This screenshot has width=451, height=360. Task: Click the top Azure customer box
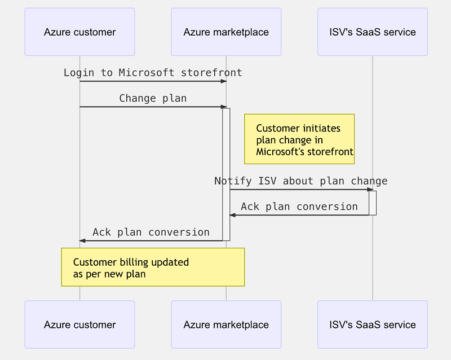79,32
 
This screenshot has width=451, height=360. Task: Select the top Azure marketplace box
226,32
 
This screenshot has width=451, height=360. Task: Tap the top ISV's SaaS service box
373,32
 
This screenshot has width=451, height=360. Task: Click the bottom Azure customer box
79,324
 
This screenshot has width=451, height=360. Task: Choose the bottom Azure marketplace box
226,324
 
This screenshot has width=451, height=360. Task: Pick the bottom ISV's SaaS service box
373,324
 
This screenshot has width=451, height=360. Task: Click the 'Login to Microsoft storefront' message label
153,73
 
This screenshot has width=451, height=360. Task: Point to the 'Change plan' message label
153,98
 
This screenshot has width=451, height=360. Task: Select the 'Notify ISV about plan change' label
300,181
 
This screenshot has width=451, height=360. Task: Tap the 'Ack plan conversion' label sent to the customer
151,232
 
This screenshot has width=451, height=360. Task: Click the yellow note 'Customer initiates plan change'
299,139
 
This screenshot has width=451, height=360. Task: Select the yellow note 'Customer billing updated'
153,267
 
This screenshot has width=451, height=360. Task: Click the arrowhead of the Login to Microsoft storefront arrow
223,81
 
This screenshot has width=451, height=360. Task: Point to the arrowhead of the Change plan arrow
223,107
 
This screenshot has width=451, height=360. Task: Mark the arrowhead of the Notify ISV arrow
370,190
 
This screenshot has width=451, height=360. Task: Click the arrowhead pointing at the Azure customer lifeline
82,240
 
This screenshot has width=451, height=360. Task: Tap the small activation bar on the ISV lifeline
373,203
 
